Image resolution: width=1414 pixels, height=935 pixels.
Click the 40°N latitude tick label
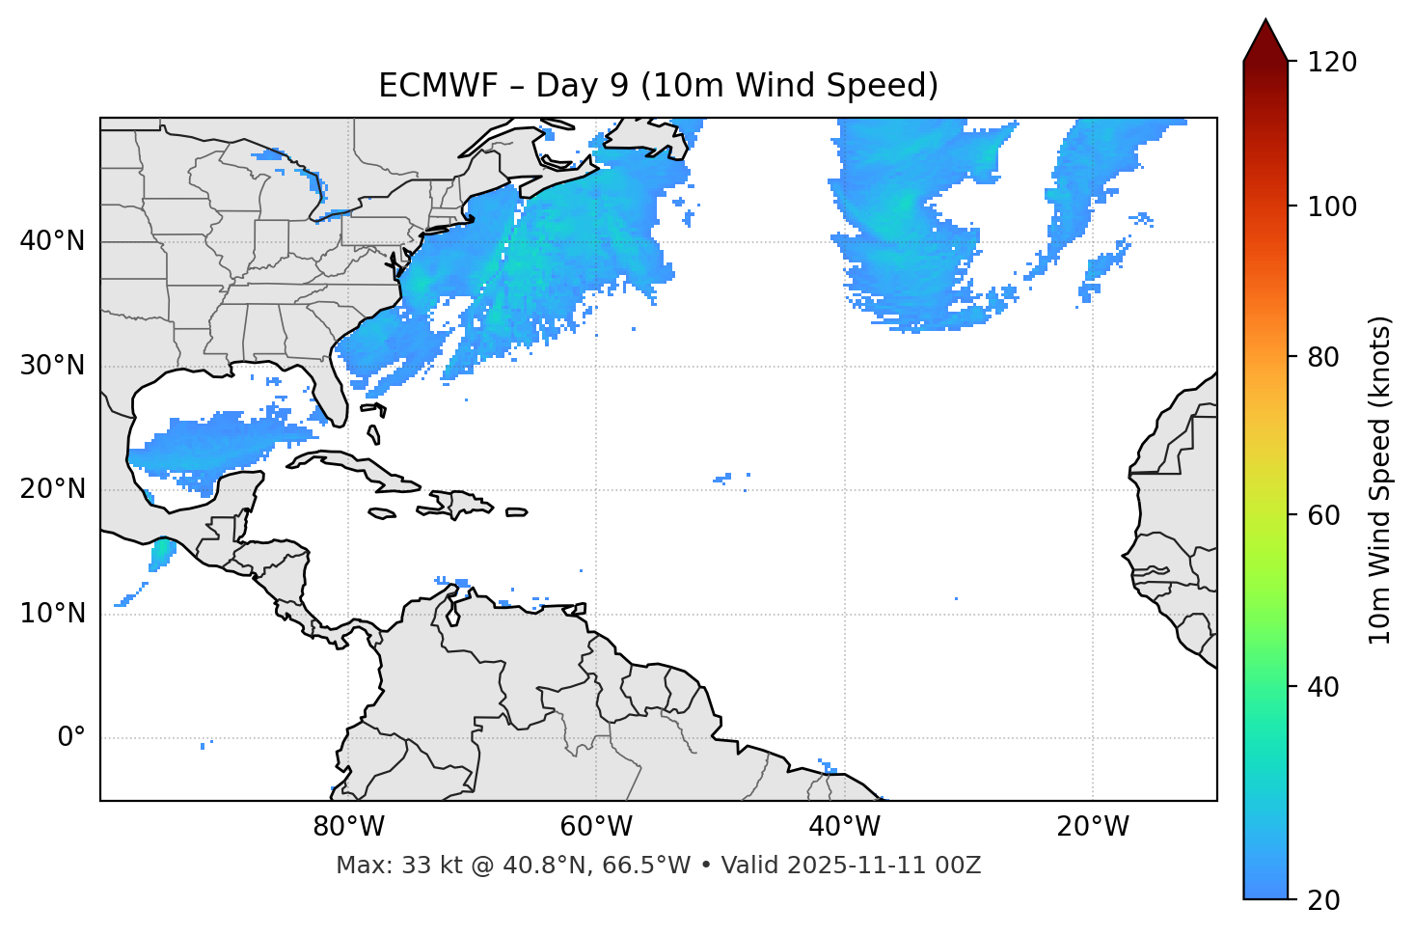52,241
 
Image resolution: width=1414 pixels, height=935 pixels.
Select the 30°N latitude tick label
52,366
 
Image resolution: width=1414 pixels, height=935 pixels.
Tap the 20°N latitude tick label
52,489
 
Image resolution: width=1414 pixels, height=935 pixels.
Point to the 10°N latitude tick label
52,614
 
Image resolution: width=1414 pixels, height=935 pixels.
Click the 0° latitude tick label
70,738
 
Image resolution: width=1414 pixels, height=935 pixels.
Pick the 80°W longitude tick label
348,827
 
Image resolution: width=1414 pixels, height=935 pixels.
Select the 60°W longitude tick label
596,827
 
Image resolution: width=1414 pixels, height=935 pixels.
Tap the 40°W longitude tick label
844,827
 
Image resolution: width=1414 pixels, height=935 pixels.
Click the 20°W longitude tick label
1093,827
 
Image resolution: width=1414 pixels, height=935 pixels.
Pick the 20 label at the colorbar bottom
1322,900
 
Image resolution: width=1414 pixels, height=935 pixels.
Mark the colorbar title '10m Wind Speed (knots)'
1380,480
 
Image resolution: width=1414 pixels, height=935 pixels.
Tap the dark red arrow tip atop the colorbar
1265,39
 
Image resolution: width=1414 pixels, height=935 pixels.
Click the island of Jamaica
382,513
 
